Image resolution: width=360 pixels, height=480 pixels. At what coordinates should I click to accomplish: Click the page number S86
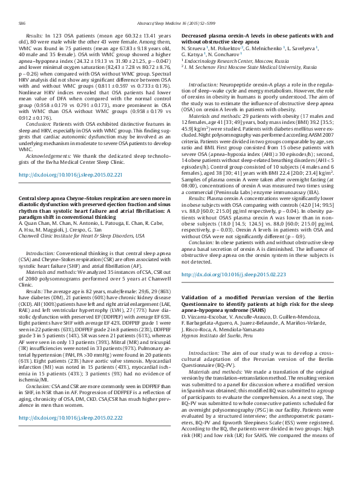tap(22, 22)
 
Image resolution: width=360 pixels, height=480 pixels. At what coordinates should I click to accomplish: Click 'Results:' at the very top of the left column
tap(35, 36)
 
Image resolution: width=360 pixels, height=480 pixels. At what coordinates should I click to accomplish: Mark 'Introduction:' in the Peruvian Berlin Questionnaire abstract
tap(205, 352)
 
